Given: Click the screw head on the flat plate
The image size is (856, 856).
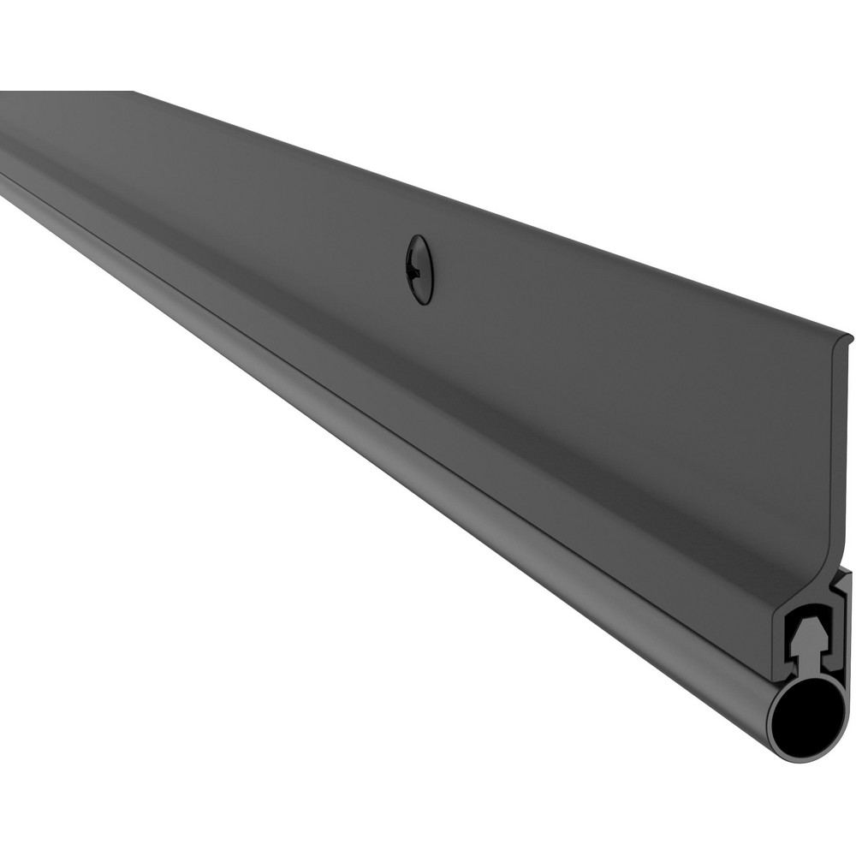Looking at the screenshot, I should click(x=419, y=269).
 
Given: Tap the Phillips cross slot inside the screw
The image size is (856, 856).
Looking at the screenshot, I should click(x=417, y=268).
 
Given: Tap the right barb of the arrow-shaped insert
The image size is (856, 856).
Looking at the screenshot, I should click(x=821, y=640).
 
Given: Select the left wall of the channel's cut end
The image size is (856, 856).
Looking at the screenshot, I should click(x=778, y=633).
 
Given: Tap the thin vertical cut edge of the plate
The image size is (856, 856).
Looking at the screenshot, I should click(x=842, y=445).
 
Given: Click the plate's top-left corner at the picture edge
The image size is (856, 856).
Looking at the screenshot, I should click(x=3, y=92).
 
